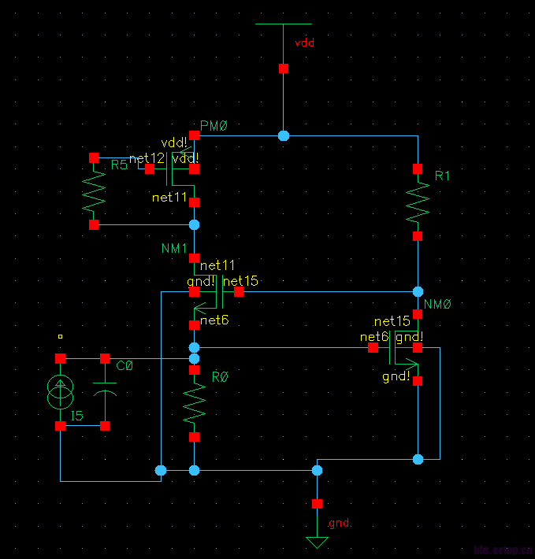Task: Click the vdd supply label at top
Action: pos(304,43)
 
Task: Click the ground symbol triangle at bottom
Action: pos(317,542)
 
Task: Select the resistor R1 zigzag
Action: pos(418,202)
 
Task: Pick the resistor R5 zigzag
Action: pos(94,191)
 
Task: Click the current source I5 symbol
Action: pos(60,392)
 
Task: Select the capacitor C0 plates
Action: pos(105,389)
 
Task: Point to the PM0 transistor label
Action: pos(214,127)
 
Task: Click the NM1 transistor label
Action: pos(174,249)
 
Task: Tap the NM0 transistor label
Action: pos(437,304)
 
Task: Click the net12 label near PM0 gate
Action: pos(147,159)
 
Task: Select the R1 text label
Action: pos(442,176)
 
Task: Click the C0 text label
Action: pos(124,365)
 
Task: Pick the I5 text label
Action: pos(76,416)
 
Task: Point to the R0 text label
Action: pos(220,377)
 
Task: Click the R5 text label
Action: pos(119,165)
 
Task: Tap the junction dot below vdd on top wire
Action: pos(284,136)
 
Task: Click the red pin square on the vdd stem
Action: pos(284,68)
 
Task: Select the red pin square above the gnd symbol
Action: pos(317,503)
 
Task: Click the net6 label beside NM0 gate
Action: pos(374,337)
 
